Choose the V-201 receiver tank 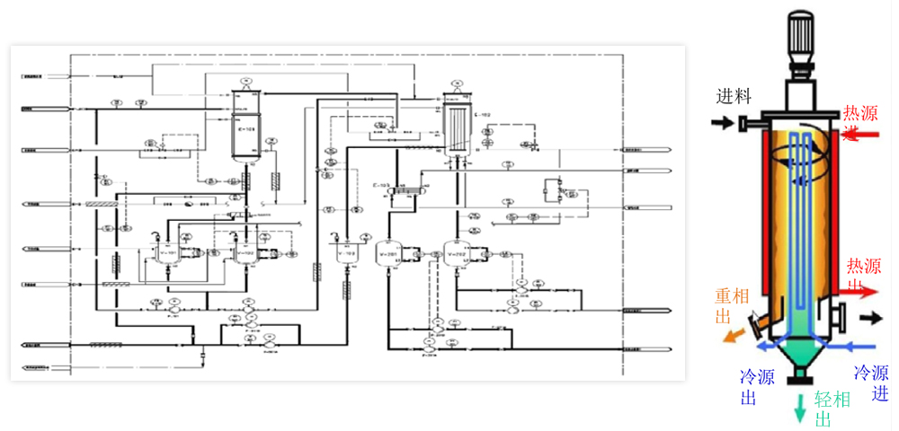click(387, 253)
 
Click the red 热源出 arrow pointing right click(863, 289)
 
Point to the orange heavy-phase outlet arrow click(733, 334)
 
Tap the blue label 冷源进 click(871, 382)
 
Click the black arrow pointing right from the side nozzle click(871, 318)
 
